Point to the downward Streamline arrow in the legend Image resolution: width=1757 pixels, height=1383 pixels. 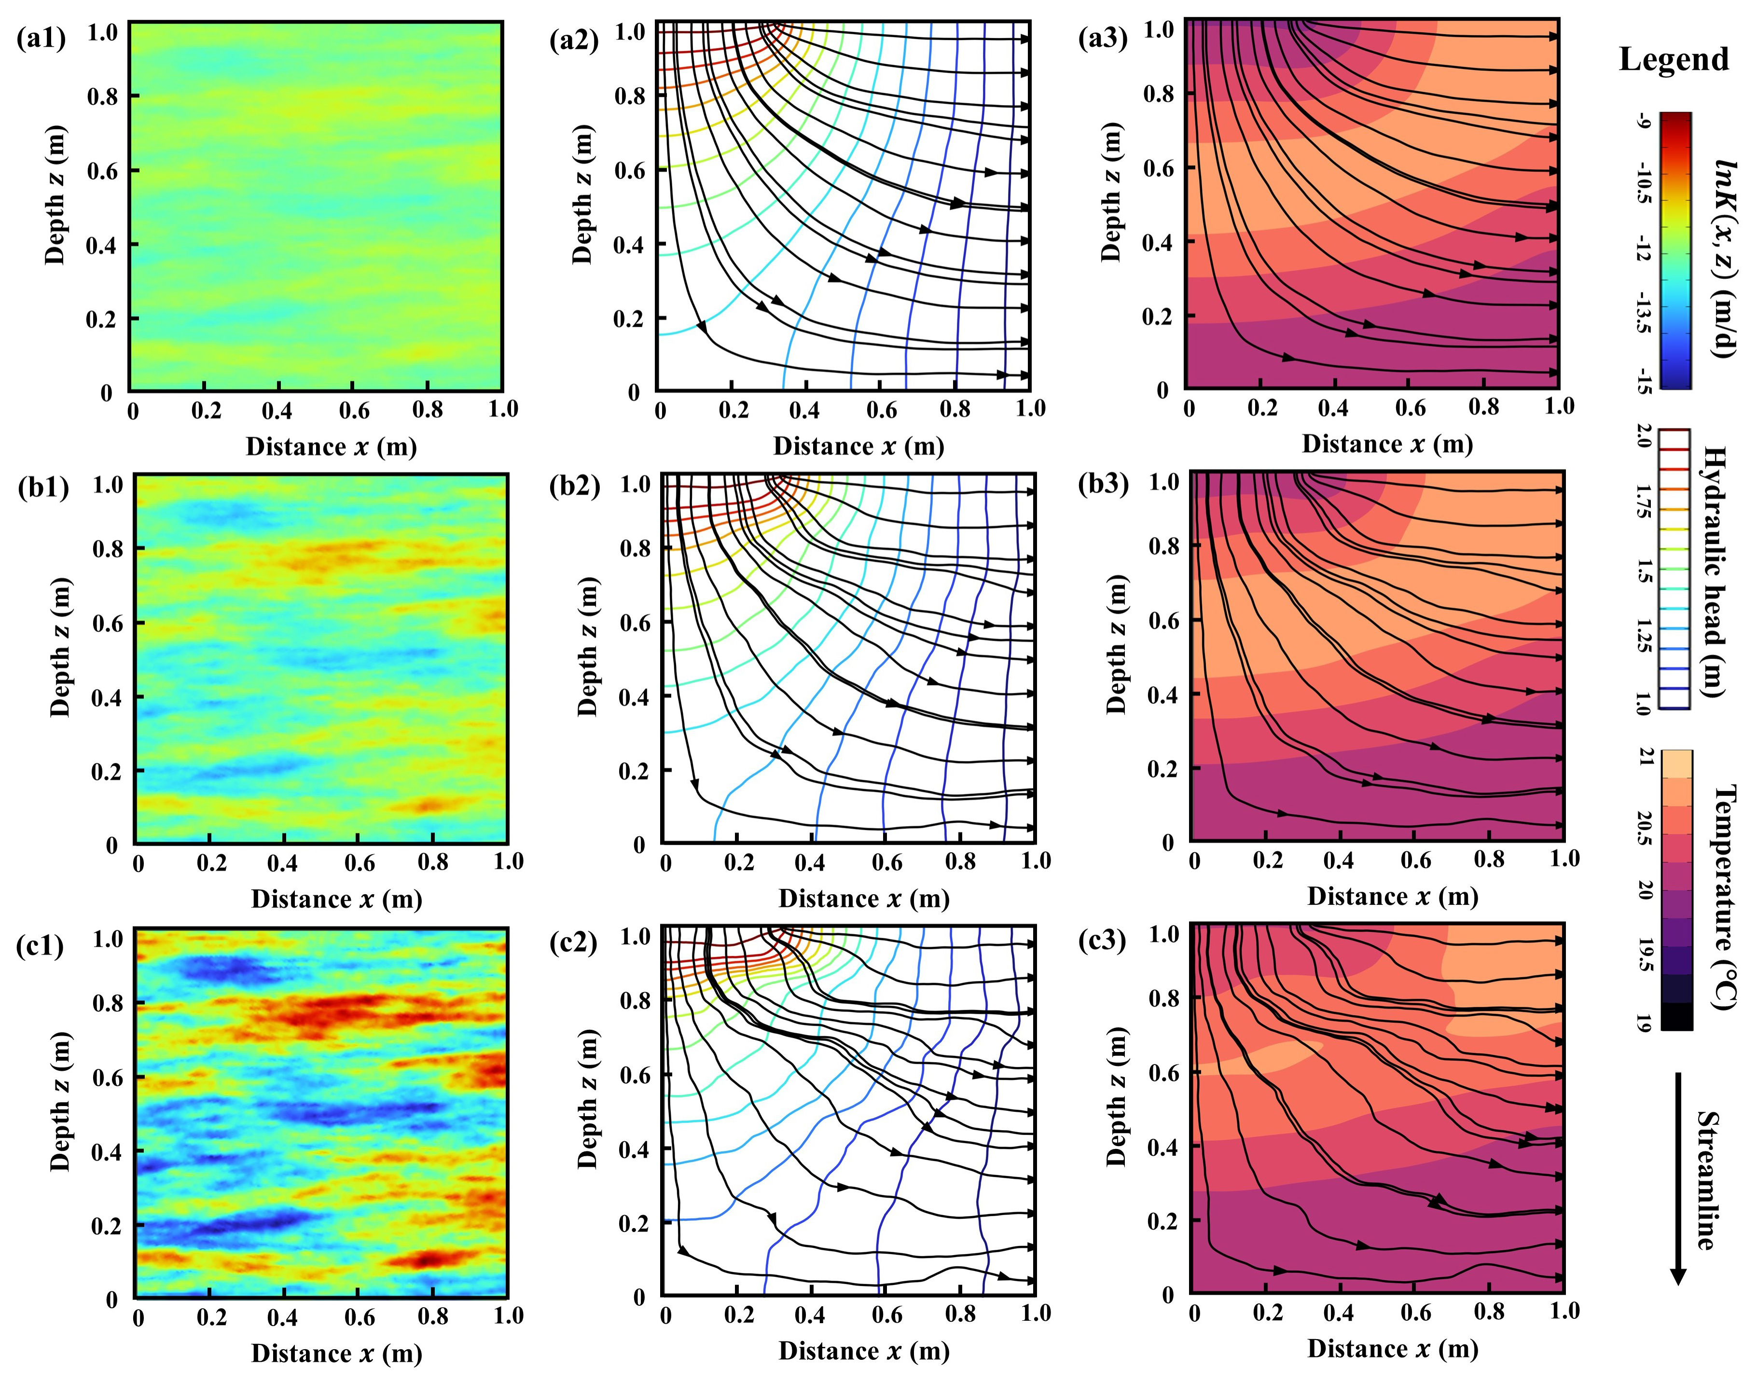pyautogui.click(x=1678, y=1178)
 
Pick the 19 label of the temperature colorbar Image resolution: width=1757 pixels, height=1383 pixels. pyautogui.click(x=1644, y=1022)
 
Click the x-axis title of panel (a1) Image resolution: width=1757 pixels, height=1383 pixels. pyautogui.click(x=331, y=447)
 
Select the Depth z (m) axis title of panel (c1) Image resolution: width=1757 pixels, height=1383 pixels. pyautogui.click(x=59, y=1101)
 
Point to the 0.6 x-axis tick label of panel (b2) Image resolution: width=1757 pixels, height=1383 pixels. pyautogui.click(x=886, y=861)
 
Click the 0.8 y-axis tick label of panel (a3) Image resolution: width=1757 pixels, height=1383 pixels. pyautogui.click(x=1159, y=95)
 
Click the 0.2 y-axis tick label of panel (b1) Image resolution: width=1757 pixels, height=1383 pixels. pyautogui.click(x=107, y=771)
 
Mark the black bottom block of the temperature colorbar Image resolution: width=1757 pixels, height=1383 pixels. pyautogui.click(x=1676, y=1016)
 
